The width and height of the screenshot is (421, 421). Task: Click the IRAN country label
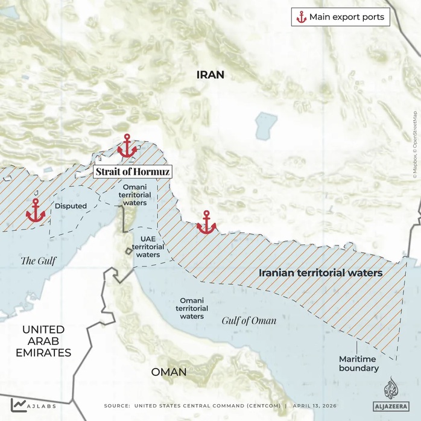point(210,75)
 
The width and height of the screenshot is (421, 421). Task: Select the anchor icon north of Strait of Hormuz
point(127,146)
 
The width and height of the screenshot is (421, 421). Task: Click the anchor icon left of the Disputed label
point(36,210)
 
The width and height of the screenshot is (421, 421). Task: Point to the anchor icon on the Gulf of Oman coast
point(206,223)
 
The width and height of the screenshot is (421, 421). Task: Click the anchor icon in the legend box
point(301,17)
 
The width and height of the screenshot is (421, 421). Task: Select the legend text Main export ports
point(347,17)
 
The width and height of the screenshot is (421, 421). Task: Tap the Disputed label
point(71,206)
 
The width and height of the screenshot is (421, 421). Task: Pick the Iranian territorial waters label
point(320,273)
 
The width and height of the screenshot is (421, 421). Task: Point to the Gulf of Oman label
point(248,320)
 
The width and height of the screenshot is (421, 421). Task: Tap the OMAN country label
point(169,372)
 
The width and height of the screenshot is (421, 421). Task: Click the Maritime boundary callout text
point(359,364)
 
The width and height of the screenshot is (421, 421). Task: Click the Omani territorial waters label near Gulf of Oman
point(191,308)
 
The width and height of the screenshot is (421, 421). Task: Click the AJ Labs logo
point(27,405)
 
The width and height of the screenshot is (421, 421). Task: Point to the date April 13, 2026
point(314,406)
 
